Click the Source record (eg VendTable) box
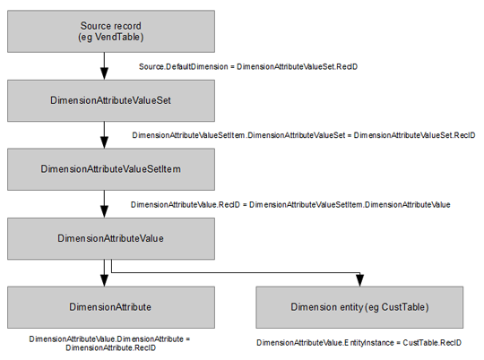[x=111, y=31]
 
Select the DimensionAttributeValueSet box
[x=111, y=100]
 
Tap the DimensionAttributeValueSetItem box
[x=111, y=169]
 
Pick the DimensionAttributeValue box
[x=111, y=238]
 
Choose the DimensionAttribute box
[x=111, y=307]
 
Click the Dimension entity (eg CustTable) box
[x=359, y=307]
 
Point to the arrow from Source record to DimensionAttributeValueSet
[x=104, y=66]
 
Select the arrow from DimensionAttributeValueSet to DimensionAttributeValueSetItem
[x=104, y=135]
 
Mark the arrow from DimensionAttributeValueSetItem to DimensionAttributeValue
[x=104, y=204]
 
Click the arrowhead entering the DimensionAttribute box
[x=104, y=280]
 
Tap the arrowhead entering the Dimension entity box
[x=360, y=280]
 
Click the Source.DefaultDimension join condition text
[x=248, y=66]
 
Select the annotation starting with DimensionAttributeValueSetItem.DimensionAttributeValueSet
[x=304, y=135]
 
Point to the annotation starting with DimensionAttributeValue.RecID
[x=290, y=204]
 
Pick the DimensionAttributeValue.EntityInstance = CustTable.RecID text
[x=359, y=343]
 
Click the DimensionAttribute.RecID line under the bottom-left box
[x=110, y=347]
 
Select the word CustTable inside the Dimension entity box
[x=403, y=307]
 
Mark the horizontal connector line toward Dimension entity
[x=236, y=273]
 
